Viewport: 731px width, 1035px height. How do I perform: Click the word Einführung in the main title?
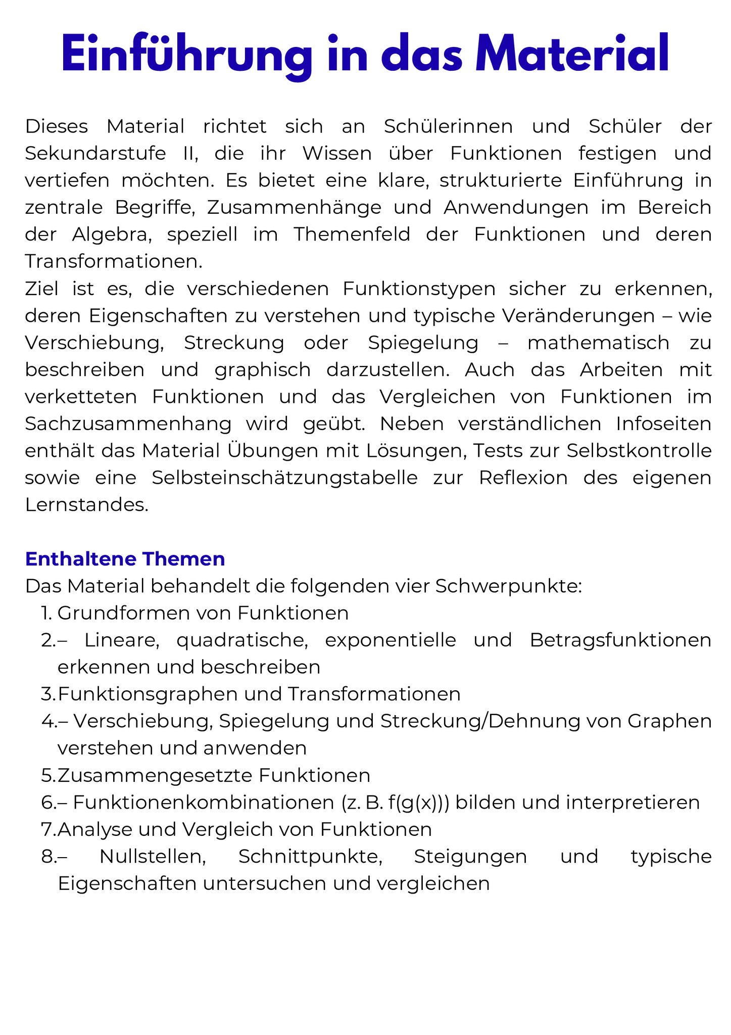(186, 55)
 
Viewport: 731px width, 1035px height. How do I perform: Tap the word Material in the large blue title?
(573, 55)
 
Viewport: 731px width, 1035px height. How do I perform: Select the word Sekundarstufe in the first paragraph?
(95, 153)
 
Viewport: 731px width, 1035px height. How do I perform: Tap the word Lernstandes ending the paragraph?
(86, 504)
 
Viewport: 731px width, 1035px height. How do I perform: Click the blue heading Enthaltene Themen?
(125, 559)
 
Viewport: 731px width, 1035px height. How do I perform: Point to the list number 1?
(47, 613)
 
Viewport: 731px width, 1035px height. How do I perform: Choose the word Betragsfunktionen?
(620, 640)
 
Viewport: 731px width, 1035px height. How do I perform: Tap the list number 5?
(49, 775)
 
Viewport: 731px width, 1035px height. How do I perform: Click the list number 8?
(49, 856)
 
